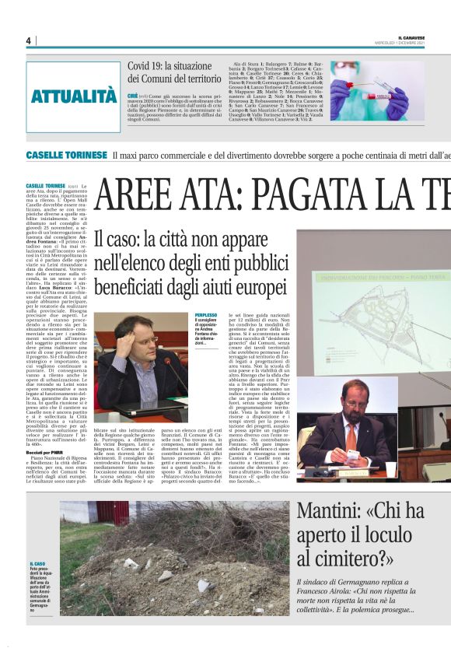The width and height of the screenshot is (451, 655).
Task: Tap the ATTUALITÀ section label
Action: click(74, 96)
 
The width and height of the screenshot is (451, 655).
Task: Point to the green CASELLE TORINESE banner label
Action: click(66, 156)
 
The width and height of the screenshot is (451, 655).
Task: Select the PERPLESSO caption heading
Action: click(206, 315)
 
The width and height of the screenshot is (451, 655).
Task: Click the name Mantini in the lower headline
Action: click(336, 513)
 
